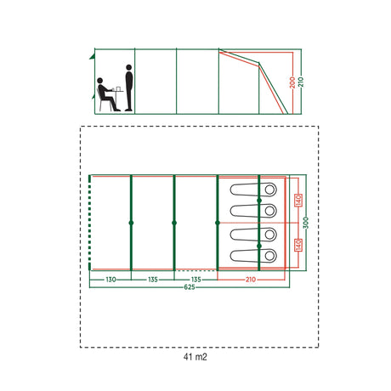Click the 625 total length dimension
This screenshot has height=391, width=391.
(x=190, y=287)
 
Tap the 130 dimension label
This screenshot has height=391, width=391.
(x=110, y=280)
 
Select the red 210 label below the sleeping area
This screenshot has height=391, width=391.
(x=251, y=280)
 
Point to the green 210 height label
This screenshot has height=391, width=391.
(x=301, y=82)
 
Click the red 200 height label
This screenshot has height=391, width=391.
(x=292, y=82)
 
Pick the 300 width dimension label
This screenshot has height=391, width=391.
(x=306, y=223)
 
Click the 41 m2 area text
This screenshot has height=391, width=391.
(x=195, y=357)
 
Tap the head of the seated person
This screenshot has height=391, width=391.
(x=99, y=81)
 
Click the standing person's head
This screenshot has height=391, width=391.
(x=129, y=67)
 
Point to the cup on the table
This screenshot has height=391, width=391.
(x=118, y=88)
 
